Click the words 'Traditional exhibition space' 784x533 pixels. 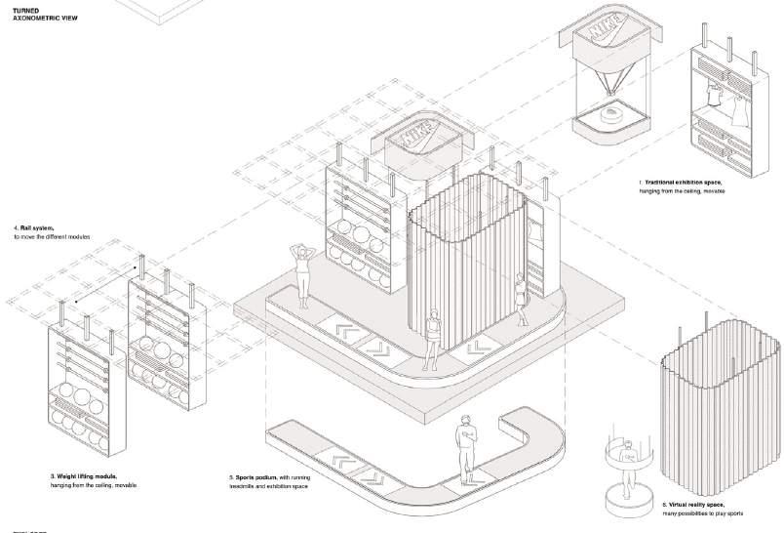point(683,183)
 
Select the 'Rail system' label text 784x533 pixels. point(34,227)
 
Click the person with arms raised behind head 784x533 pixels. point(303,269)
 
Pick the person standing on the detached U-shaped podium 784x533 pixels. point(468,445)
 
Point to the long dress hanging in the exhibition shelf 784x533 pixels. point(746,98)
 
